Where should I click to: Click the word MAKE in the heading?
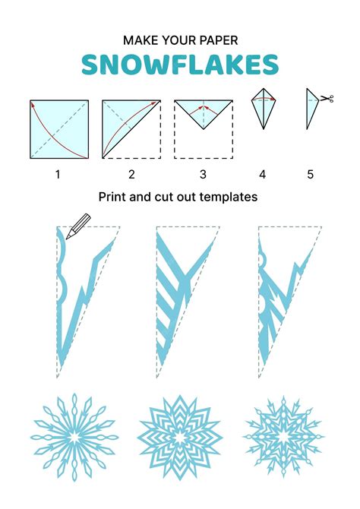(138, 39)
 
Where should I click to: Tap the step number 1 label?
(57, 175)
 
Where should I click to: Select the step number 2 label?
(131, 175)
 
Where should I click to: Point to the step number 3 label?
(203, 175)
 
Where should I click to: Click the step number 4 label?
(262, 175)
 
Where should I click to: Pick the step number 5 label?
(310, 175)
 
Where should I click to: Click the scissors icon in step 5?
(327, 99)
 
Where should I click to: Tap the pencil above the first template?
(79, 224)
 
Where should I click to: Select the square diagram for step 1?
(59, 129)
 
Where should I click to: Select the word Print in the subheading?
(112, 197)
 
